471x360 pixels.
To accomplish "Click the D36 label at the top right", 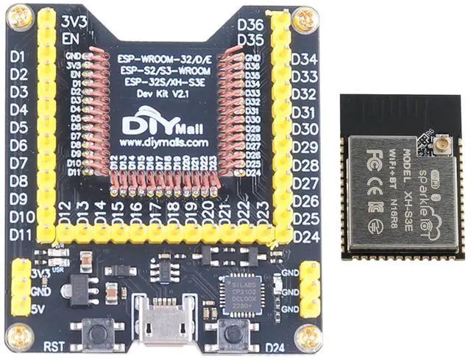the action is tap(252, 24).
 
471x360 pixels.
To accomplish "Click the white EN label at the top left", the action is tap(71, 38).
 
